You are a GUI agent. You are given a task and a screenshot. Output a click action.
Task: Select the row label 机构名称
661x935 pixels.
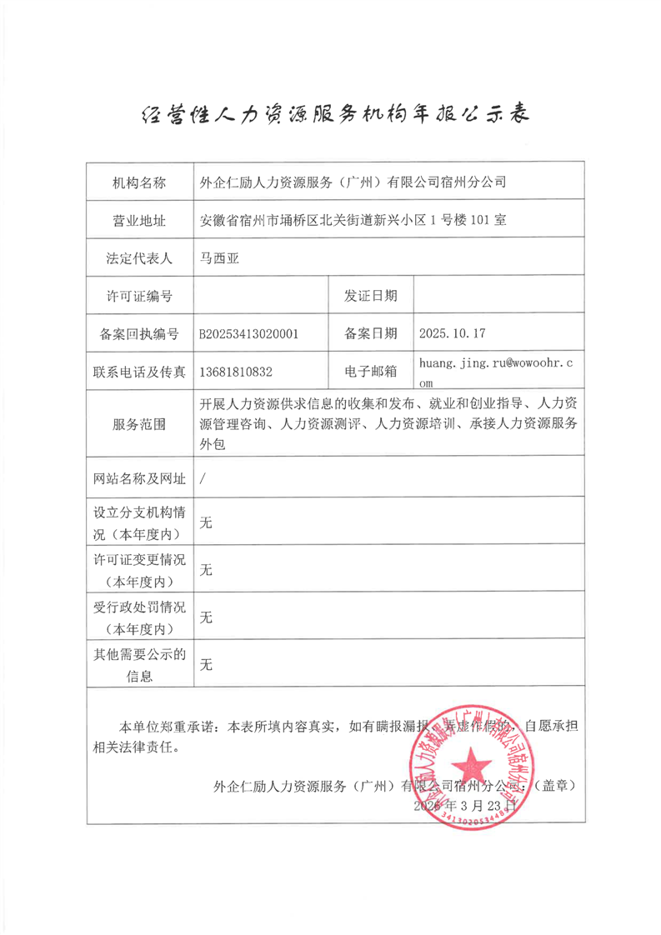click(x=139, y=182)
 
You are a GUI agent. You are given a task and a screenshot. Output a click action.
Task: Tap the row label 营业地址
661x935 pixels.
click(x=139, y=221)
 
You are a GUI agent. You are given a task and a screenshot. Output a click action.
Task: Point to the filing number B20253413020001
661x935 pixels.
click(x=248, y=333)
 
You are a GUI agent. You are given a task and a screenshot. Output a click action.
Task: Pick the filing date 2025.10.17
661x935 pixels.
click(x=453, y=333)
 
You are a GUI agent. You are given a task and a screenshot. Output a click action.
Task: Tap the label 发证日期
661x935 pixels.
click(x=370, y=296)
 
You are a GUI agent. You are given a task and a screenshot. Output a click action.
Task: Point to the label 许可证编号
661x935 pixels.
click(x=139, y=296)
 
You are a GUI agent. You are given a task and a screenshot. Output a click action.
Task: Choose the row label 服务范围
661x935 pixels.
click(x=139, y=424)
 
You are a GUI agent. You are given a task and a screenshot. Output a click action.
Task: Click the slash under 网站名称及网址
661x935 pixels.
click(x=203, y=480)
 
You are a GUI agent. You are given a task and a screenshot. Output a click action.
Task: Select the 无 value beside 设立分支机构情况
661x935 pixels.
click(x=207, y=522)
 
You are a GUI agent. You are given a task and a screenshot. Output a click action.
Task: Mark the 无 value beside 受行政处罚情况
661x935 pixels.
click(x=207, y=617)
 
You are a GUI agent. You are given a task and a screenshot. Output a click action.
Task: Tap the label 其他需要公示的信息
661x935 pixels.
click(x=139, y=664)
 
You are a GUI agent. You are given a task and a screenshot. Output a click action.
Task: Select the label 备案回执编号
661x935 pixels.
click(x=139, y=333)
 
